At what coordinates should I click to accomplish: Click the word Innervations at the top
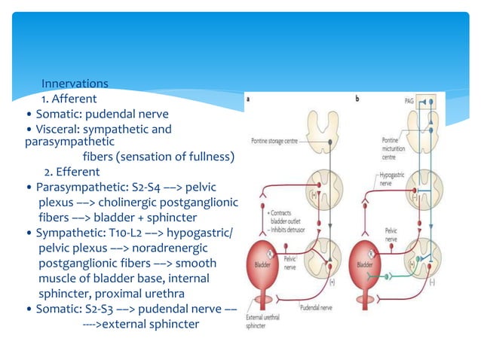(x=75, y=84)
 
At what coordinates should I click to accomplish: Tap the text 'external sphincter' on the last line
(x=151, y=325)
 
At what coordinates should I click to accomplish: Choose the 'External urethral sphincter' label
(x=263, y=322)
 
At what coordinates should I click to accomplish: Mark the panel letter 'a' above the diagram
(x=248, y=99)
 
